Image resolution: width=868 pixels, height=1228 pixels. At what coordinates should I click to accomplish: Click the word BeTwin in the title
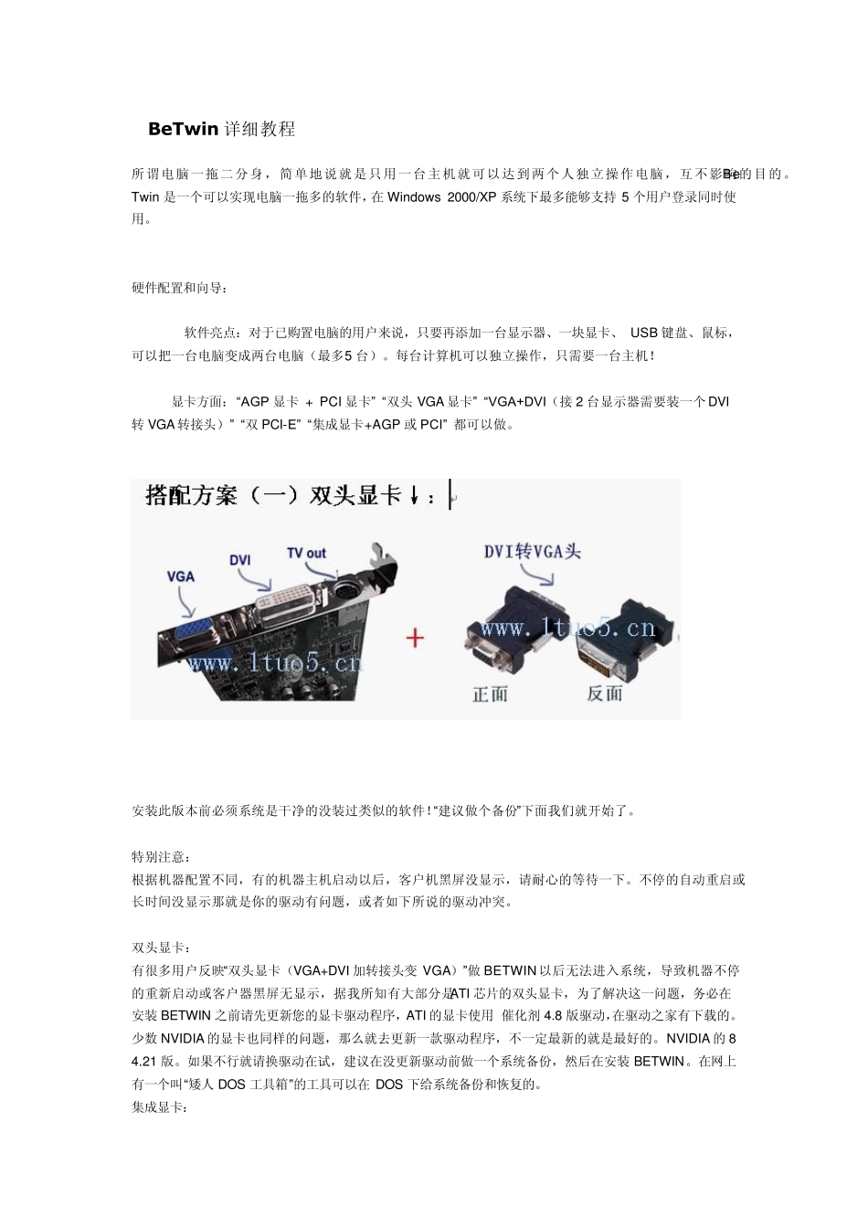coord(183,129)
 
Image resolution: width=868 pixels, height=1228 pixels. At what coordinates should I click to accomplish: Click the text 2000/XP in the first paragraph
coord(473,196)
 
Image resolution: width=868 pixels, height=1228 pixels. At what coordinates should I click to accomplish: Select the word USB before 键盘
coord(643,333)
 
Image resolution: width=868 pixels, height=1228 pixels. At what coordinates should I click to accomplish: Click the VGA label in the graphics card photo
coord(181,576)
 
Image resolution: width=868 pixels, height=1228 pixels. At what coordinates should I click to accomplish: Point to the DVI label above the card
coord(239,559)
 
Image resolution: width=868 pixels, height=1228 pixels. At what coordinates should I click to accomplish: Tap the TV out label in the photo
coord(306,553)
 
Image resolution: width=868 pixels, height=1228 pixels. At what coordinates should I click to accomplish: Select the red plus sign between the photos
coord(415,637)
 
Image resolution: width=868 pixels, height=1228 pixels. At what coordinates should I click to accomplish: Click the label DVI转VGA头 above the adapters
coord(532,551)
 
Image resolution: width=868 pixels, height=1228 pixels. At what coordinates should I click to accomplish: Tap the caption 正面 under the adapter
coord(490,694)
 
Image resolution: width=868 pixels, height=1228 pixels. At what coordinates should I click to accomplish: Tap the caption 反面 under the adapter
coord(604,693)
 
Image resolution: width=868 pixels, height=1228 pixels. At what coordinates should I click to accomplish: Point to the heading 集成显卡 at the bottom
coord(160,1107)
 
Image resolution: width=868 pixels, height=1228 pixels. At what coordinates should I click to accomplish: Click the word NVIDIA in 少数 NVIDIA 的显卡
coord(184,1039)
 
